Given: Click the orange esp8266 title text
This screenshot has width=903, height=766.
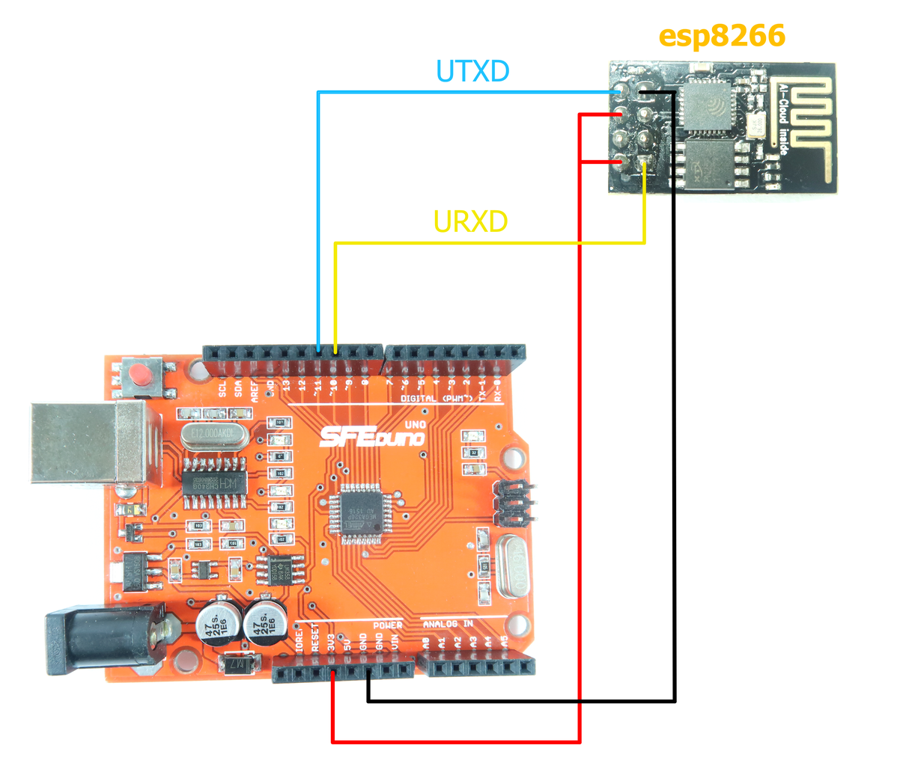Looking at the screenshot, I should coord(722,36).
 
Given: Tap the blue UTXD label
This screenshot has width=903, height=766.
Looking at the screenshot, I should coord(472,71).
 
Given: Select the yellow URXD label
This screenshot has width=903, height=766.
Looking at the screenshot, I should coord(470,221).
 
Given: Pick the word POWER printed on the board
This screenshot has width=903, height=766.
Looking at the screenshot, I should coord(387,625).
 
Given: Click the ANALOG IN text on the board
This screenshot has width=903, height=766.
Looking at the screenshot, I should coord(448,624).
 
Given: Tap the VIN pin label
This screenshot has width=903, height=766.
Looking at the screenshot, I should coord(395,642).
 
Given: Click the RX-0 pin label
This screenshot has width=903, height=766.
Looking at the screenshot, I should coord(498,390).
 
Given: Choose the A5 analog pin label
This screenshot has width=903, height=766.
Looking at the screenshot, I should coord(504,641).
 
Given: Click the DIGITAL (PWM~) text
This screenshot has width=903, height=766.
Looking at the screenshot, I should coord(437,399).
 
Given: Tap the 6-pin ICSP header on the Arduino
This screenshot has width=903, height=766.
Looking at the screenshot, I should coord(514,502).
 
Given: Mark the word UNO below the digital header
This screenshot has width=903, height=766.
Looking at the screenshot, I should coord(414,424).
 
